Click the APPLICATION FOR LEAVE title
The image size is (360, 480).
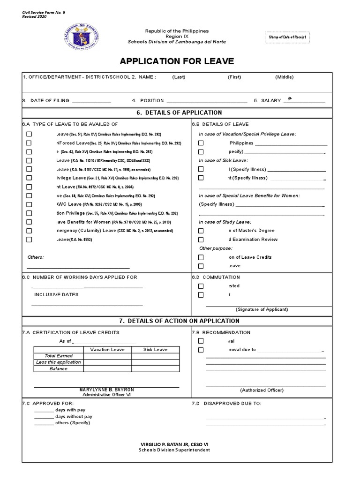[x=177, y=61]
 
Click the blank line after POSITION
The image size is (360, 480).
[x=207, y=101]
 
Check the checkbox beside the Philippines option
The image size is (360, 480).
[x=201, y=143]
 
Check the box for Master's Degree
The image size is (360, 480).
[x=201, y=231]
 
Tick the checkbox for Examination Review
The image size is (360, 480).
[x=201, y=240]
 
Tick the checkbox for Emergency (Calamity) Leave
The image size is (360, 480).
[x=29, y=231]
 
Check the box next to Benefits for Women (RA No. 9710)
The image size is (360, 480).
[x=29, y=222]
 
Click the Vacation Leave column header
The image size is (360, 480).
[x=107, y=350]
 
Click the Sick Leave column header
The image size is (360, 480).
[x=155, y=350]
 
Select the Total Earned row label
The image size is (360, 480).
[x=59, y=356]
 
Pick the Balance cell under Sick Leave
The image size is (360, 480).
[x=155, y=369]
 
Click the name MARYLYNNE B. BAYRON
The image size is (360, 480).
[x=107, y=390]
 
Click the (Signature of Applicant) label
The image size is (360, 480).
[x=262, y=309]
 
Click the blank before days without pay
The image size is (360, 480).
[x=44, y=417]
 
